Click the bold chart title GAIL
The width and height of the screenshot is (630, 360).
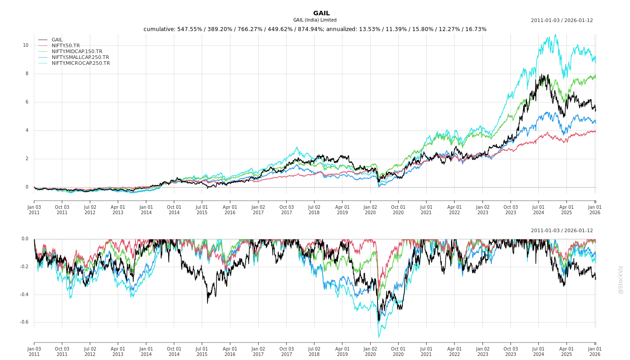click(x=321, y=13)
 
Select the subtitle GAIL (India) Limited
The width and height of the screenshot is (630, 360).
click(x=315, y=20)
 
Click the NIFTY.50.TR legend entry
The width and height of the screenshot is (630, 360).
click(x=66, y=45)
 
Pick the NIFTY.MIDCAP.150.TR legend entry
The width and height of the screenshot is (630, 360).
click(x=76, y=51)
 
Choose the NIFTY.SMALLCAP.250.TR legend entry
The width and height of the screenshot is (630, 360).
click(x=80, y=57)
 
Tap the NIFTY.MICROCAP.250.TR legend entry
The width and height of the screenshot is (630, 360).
click(x=81, y=63)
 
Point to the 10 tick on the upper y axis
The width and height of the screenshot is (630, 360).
click(x=26, y=45)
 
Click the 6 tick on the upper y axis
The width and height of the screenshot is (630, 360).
click(x=27, y=102)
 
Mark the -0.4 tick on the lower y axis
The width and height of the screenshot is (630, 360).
click(x=24, y=295)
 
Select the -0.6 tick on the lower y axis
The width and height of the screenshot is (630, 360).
click(x=24, y=322)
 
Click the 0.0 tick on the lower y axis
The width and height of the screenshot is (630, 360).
click(x=25, y=239)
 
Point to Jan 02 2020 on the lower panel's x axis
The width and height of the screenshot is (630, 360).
click(x=370, y=351)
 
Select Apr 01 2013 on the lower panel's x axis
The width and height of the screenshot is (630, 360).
click(x=118, y=351)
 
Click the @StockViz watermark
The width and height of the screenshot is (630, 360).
click(x=621, y=279)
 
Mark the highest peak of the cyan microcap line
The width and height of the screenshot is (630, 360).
click(x=555, y=35)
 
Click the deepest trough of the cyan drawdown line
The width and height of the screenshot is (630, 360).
click(x=378, y=337)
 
